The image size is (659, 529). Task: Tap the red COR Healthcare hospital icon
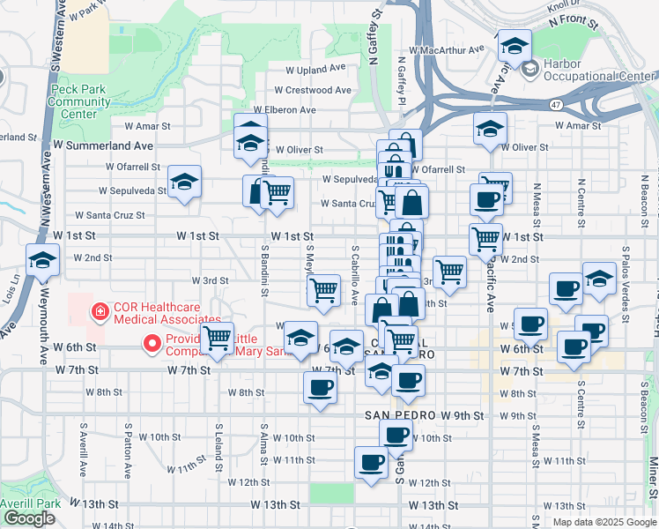(101, 311)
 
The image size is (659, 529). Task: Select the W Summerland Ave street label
(103, 145)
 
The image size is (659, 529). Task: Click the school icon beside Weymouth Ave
(42, 260)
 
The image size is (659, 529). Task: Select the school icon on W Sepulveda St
(184, 183)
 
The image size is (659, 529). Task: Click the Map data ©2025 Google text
(603, 521)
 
